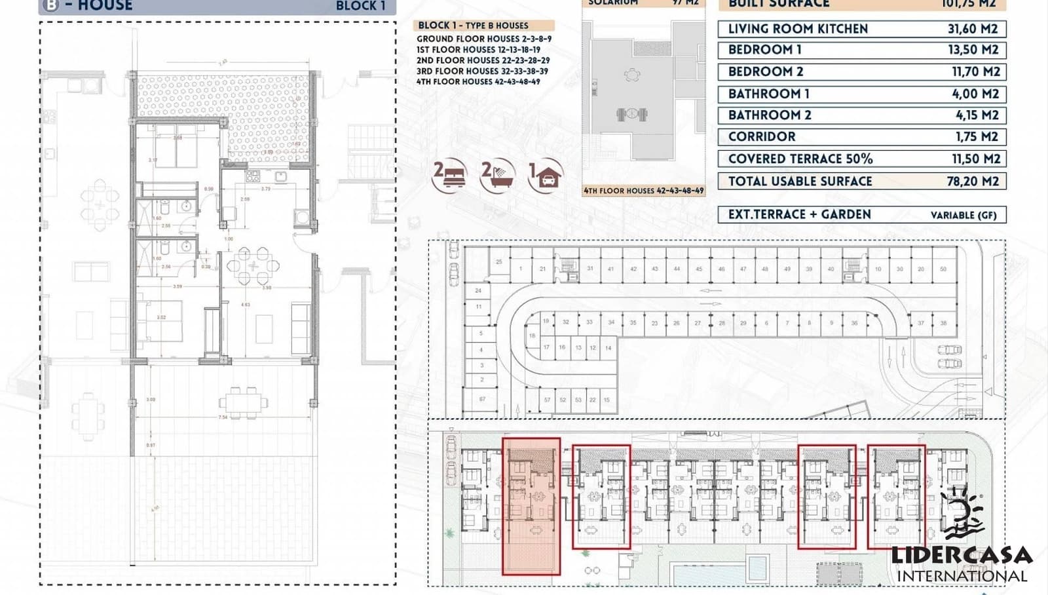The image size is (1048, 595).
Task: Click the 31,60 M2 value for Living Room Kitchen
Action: [x=972, y=29]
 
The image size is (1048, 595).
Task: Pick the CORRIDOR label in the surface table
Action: [x=761, y=137]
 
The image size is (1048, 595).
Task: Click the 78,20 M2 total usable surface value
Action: [x=972, y=182]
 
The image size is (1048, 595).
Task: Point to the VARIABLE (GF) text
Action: [x=964, y=215]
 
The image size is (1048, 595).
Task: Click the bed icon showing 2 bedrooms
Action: [x=451, y=176]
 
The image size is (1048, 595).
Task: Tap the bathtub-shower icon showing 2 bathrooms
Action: [x=498, y=176]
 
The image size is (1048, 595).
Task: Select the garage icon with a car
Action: [x=546, y=176]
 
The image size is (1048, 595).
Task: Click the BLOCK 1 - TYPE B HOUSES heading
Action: [x=473, y=26]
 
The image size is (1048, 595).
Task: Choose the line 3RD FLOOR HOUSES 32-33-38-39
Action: [x=482, y=71]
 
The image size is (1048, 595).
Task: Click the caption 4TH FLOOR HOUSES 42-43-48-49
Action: [x=643, y=191]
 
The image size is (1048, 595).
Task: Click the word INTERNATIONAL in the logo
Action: [x=962, y=576]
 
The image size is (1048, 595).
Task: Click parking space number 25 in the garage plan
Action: [x=499, y=261]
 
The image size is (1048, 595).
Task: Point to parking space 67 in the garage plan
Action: [x=482, y=399]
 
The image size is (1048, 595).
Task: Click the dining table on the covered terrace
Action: [x=243, y=401]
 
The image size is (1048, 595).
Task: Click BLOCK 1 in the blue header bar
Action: [x=360, y=6]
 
